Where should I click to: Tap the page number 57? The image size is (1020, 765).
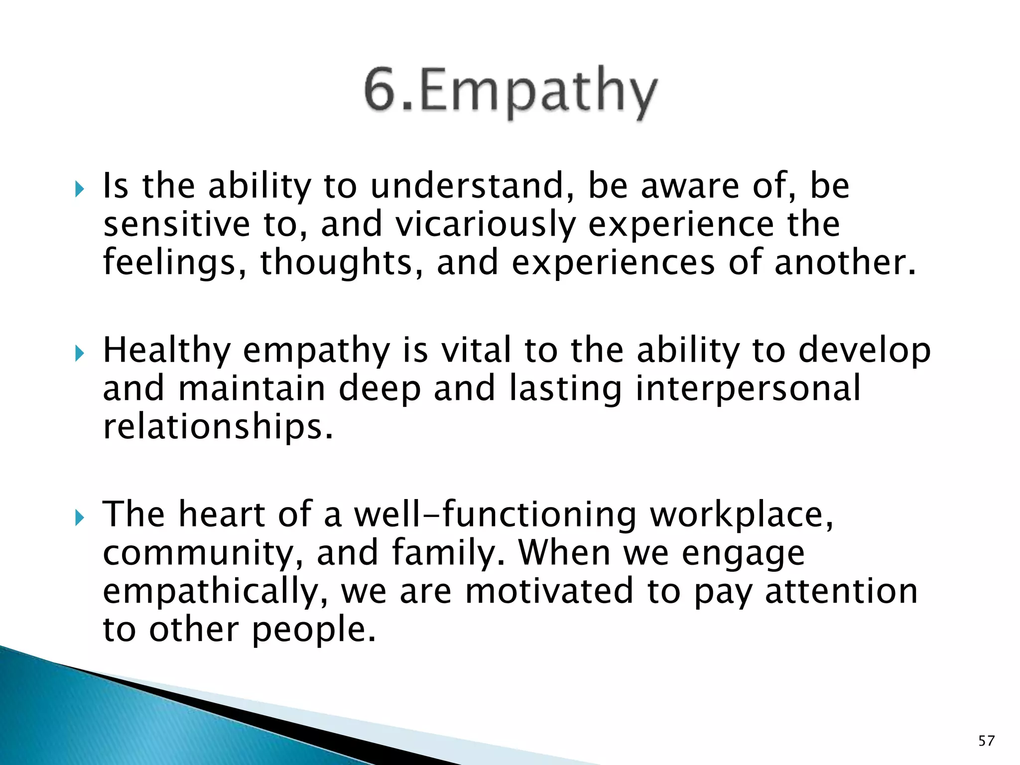986,741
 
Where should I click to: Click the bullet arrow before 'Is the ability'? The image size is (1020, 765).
79,189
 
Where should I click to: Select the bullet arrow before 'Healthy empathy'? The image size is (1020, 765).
79,353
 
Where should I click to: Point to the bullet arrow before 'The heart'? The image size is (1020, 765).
79,518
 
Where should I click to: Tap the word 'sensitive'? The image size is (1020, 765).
176,224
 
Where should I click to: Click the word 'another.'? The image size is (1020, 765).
845,262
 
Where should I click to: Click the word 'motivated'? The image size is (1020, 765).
549,591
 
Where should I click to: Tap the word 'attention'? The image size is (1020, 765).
841,591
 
